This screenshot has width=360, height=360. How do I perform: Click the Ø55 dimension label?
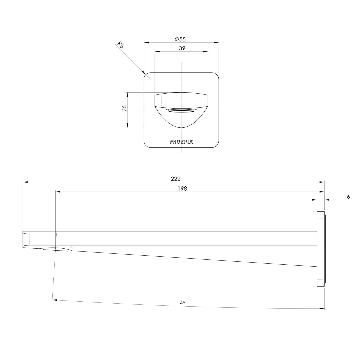(x=180, y=39)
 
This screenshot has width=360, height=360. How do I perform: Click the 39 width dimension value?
(x=182, y=48)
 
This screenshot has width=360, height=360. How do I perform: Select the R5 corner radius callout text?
(x=120, y=45)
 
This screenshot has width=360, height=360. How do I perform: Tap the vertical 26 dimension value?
(x=124, y=108)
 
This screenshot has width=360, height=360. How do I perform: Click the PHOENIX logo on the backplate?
(x=181, y=142)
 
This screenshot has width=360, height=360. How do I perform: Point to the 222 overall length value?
(x=176, y=179)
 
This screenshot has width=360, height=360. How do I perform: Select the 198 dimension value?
(x=182, y=189)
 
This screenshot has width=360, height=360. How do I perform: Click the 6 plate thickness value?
(x=348, y=197)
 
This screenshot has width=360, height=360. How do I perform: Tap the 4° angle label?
(x=182, y=303)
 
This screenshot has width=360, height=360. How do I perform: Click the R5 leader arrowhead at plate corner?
(x=143, y=72)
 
